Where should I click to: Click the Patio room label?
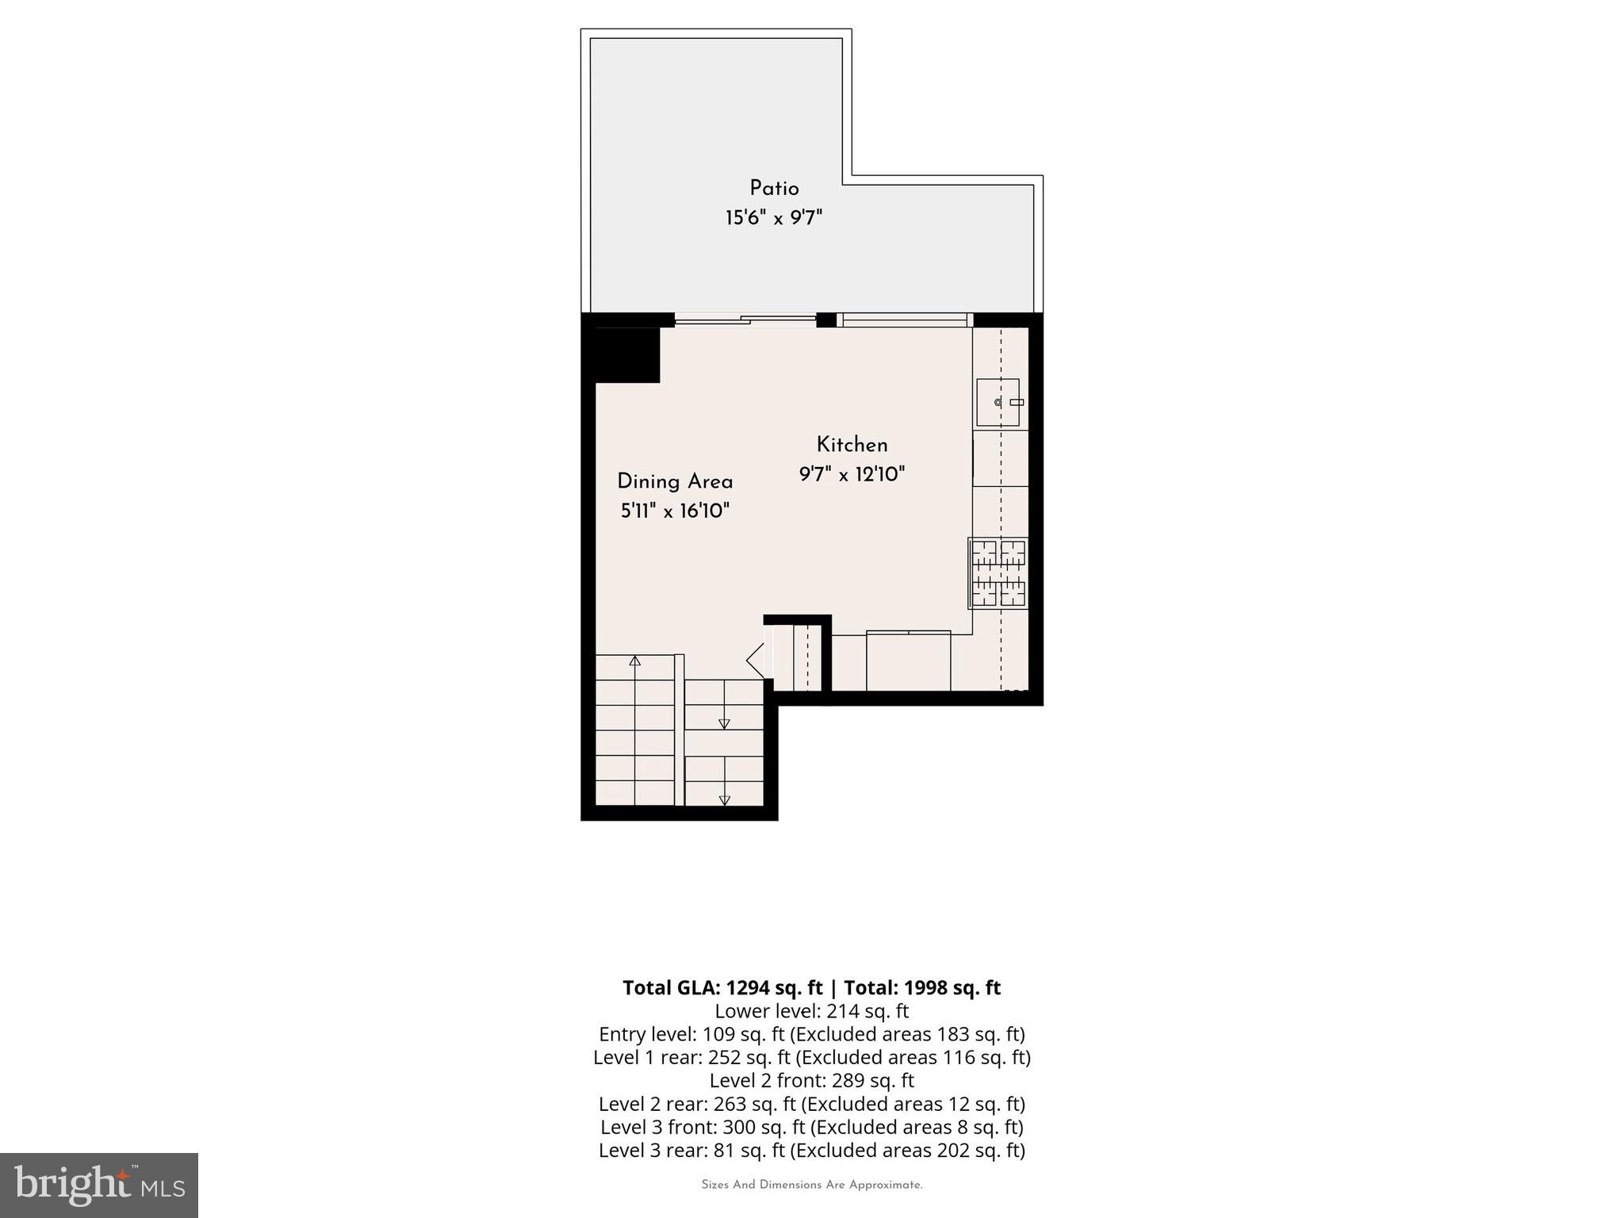(x=774, y=189)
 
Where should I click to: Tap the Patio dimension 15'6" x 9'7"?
(x=774, y=218)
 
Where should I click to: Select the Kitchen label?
(x=852, y=445)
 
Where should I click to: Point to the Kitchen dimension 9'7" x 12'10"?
(x=852, y=475)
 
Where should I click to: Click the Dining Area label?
(x=675, y=482)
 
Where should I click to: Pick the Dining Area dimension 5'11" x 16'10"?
(x=675, y=511)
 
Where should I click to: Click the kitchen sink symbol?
(x=998, y=402)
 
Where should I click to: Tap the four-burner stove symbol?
(x=998, y=573)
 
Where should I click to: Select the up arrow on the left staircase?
(x=634, y=661)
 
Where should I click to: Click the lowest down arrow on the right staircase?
(x=724, y=800)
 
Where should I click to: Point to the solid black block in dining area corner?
(x=627, y=355)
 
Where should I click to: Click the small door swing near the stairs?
(x=756, y=661)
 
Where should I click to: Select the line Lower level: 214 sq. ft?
(x=811, y=1012)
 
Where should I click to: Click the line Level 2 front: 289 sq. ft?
(x=811, y=1081)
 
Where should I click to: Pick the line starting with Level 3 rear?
(x=811, y=1151)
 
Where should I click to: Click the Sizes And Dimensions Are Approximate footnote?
(x=811, y=1185)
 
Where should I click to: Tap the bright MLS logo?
(x=99, y=1185)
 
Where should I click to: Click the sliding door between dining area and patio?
(x=745, y=320)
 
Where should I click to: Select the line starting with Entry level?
(x=811, y=1035)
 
